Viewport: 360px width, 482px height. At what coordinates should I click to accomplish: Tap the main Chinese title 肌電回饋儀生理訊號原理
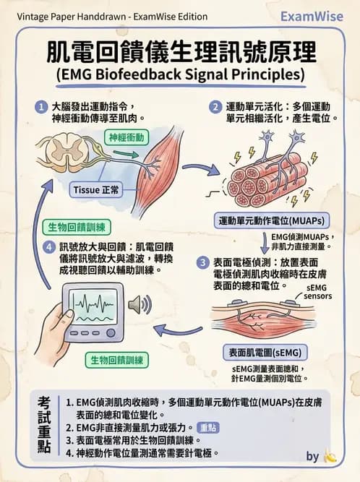tap(181, 52)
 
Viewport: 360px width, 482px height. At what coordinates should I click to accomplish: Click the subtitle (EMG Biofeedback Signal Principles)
tap(181, 75)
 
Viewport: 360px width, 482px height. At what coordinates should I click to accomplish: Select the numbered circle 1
tap(41, 106)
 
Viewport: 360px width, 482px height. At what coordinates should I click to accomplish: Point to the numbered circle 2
tap(215, 106)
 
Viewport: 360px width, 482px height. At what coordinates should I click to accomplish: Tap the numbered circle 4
tap(48, 246)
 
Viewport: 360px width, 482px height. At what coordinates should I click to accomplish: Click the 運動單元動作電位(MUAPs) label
tap(271, 220)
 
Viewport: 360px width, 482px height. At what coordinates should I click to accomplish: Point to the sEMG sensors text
tap(318, 292)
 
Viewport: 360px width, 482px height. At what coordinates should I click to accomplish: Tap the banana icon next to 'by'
tap(331, 457)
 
